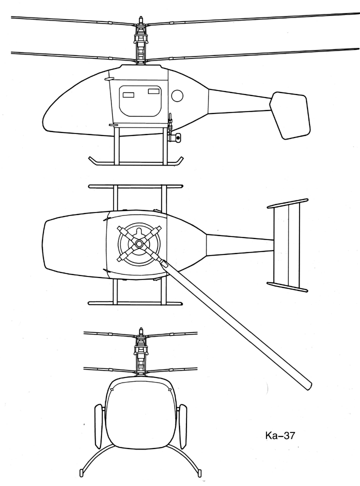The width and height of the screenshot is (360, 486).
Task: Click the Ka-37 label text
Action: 281,436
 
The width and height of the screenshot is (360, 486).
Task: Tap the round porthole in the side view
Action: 177,95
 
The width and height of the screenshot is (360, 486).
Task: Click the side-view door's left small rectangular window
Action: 128,94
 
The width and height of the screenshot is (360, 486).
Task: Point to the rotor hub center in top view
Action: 138,243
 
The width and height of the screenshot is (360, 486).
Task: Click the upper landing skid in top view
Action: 135,186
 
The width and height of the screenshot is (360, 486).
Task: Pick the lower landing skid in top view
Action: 135,303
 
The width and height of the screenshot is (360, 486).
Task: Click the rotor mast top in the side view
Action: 140,19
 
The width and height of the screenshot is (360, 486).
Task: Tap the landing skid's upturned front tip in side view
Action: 92,160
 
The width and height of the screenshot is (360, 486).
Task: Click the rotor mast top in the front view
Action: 141,330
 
